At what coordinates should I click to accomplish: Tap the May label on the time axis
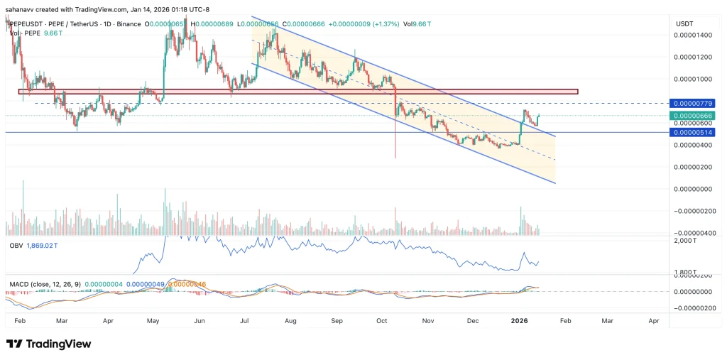coord(152,321)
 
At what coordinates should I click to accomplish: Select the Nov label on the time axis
coord(427,321)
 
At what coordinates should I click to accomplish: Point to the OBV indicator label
coord(16,244)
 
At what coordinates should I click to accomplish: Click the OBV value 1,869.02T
coord(45,244)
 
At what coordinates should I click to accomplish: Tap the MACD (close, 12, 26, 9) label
coord(44,284)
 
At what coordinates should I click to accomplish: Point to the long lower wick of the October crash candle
coord(395,142)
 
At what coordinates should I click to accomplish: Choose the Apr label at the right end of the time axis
coord(655,321)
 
